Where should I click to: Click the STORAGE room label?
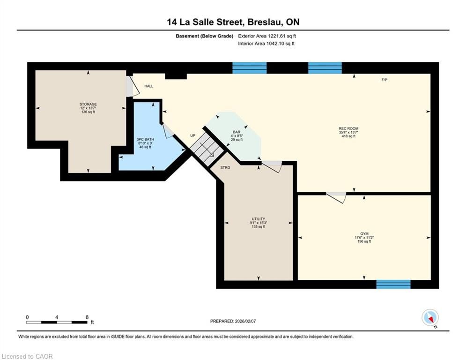click(x=88, y=104)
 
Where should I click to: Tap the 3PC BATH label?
click(x=145, y=139)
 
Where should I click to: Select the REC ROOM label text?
click(x=348, y=128)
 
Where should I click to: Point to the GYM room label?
click(x=364, y=234)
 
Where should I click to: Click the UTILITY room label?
click(x=258, y=219)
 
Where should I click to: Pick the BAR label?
click(x=237, y=132)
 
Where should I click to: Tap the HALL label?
click(x=149, y=86)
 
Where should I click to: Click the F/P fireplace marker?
click(x=384, y=80)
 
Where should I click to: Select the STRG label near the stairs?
click(x=225, y=167)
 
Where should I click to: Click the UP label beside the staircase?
click(x=193, y=135)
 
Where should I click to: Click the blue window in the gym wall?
click(x=393, y=284)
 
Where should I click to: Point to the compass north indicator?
click(x=430, y=318)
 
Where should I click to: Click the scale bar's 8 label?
click(x=87, y=317)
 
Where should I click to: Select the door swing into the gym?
click(x=337, y=197)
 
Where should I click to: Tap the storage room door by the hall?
click(x=133, y=87)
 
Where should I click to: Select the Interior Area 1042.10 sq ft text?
click(x=266, y=44)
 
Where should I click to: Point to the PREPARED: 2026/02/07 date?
click(x=233, y=321)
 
